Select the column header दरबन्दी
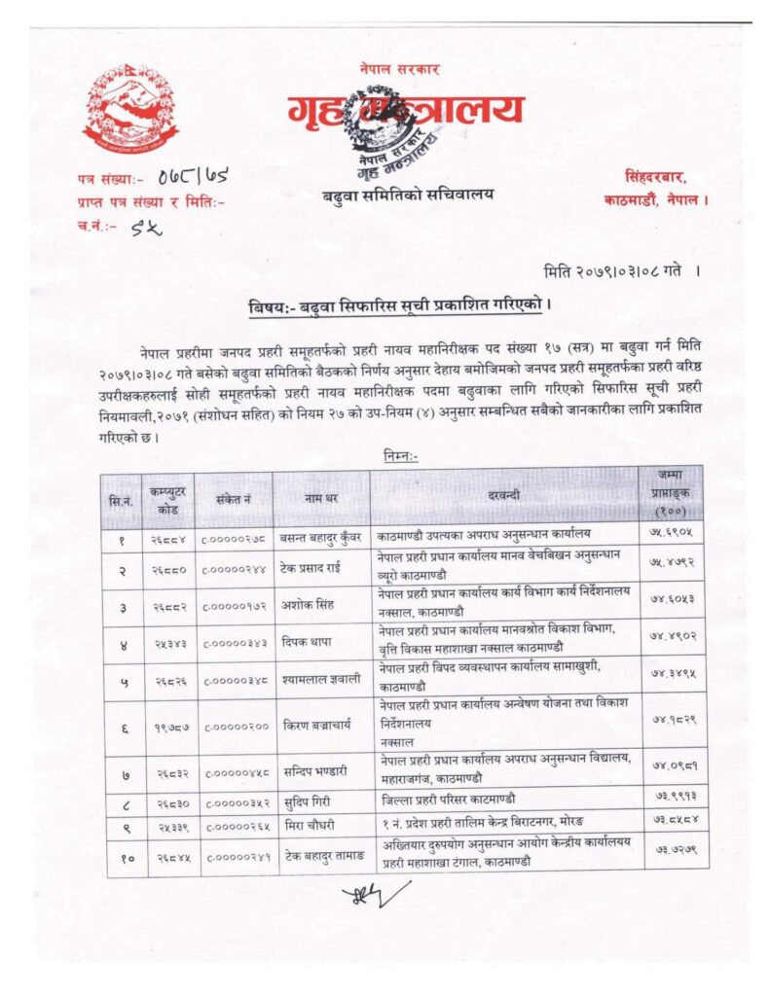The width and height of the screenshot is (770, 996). click(504, 496)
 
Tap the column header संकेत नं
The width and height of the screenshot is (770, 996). click(234, 496)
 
